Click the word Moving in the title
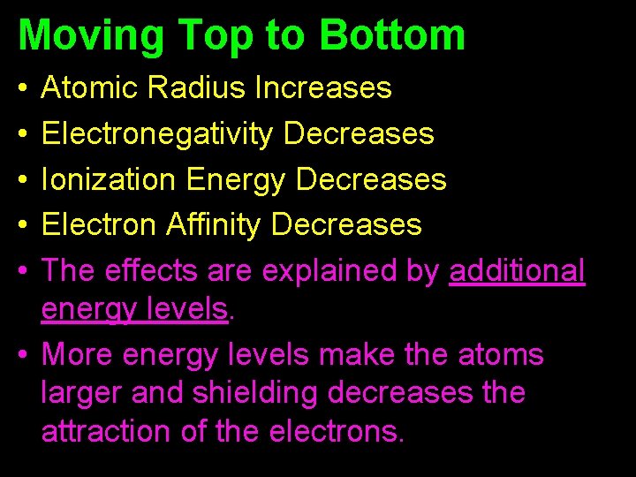point(90,34)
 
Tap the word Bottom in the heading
point(392,34)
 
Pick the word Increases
point(323,87)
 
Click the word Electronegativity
point(158,133)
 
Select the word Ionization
point(109,179)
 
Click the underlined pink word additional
point(517,271)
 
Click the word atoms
point(501,355)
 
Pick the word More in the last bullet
point(78,355)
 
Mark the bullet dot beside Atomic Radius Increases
point(23,88)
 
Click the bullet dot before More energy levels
point(23,355)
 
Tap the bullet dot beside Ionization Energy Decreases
point(23,180)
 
